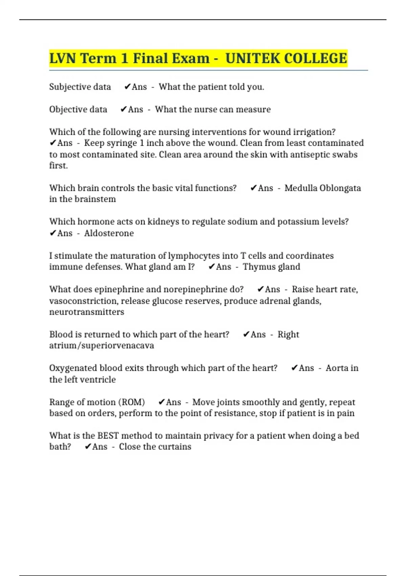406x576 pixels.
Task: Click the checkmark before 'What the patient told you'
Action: pos(127,87)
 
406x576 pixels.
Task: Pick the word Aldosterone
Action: pos(109,233)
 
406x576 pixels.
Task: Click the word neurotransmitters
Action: pos(87,312)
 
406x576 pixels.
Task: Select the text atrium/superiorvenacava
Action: pos(101,346)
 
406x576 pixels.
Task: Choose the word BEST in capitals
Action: pos(108,436)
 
